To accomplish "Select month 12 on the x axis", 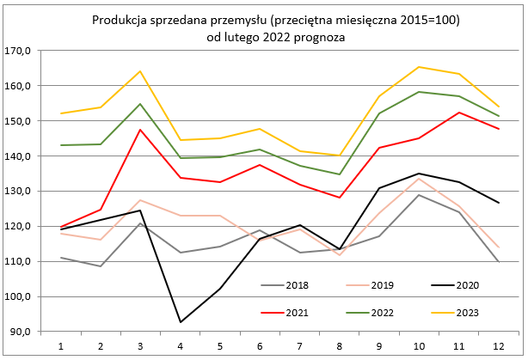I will [498, 345].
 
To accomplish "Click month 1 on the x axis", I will [60, 345].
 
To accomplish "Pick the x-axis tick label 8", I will [339, 345].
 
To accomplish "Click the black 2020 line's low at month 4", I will [180, 322].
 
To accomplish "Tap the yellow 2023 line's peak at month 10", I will [419, 67].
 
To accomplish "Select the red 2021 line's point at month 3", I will [140, 130].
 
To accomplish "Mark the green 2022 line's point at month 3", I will [140, 104].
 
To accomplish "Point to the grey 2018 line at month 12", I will [498, 261].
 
